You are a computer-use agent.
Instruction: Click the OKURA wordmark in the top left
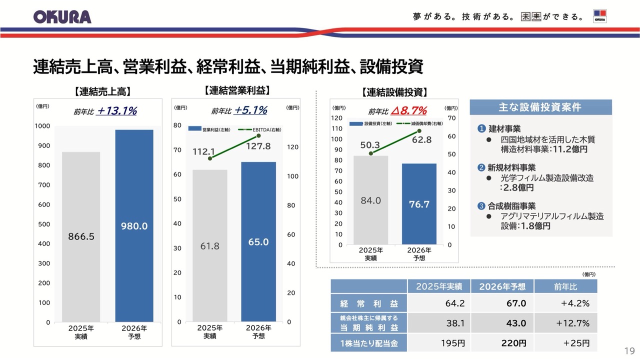click(62, 16)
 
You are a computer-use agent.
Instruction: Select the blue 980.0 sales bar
click(134, 225)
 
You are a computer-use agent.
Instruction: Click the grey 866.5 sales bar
click(81, 236)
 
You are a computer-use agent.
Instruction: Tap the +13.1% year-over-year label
click(117, 111)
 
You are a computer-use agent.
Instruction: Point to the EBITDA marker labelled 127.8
click(258, 135)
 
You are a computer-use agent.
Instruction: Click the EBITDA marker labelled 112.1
click(210, 158)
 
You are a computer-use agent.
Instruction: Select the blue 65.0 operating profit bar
click(258, 241)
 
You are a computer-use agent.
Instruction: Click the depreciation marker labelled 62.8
click(419, 131)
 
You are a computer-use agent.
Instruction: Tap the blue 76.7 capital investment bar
click(419, 204)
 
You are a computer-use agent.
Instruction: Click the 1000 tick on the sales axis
click(42, 126)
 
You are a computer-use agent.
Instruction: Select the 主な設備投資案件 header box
click(540, 107)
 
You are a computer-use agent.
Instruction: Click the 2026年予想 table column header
click(502, 286)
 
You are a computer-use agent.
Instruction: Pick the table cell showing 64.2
click(455, 303)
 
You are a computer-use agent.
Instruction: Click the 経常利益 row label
click(369, 303)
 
